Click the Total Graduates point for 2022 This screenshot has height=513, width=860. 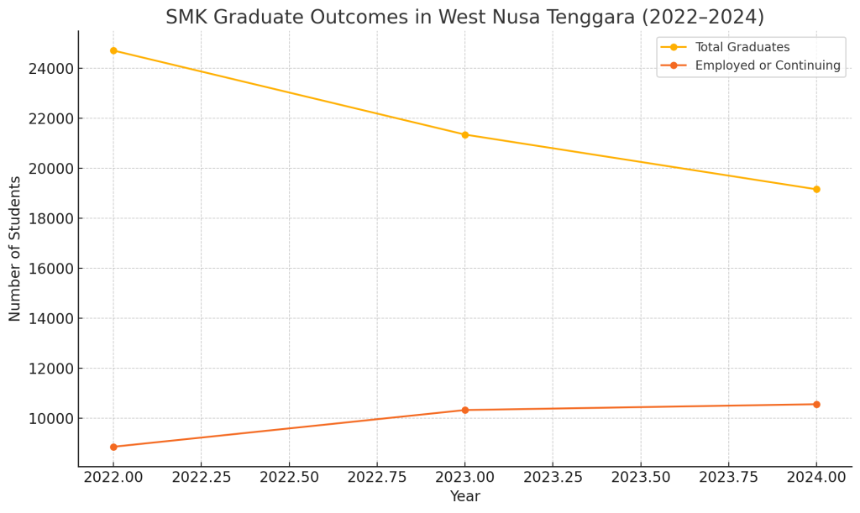point(113,50)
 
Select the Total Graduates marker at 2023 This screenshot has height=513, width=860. point(464,134)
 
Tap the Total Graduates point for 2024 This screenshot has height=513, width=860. point(816,189)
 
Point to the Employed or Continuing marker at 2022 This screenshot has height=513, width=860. point(113,447)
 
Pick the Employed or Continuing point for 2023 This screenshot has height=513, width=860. point(464,410)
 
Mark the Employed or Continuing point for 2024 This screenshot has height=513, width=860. point(816,404)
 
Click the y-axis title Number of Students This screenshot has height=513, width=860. point(15,249)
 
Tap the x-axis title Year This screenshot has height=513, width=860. point(464,497)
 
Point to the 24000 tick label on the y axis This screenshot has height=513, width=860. point(50,68)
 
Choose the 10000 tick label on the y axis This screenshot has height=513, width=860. point(50,418)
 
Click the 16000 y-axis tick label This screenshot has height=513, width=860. point(50,269)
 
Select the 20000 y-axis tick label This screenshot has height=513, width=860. point(50,168)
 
